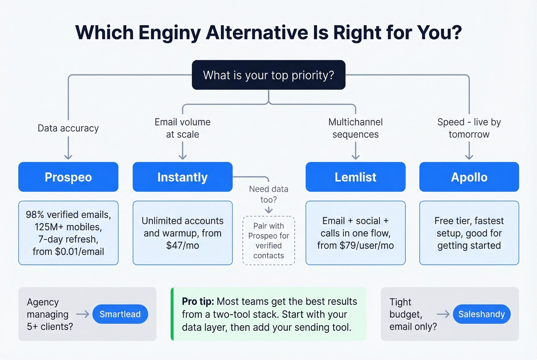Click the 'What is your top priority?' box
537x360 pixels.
click(268, 75)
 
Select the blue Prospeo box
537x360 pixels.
click(68, 177)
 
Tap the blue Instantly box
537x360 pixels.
click(183, 177)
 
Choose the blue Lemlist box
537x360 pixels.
click(356, 177)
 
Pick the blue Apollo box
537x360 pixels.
click(469, 177)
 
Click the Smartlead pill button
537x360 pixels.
click(120, 314)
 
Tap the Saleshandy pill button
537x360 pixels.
click(481, 314)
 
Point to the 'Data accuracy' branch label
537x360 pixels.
click(68, 128)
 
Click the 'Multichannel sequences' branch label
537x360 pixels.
click(356, 128)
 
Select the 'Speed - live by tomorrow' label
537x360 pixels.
click(469, 128)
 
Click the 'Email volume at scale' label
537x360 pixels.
click(183, 128)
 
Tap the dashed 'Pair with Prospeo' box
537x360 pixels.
click(268, 240)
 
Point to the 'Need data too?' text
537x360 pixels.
click(268, 194)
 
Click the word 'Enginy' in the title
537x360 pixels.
click(170, 33)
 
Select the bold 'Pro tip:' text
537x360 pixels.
click(198, 301)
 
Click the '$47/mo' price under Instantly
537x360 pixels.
click(183, 245)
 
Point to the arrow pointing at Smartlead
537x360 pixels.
click(82, 314)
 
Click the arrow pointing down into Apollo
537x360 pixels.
click(469, 151)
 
